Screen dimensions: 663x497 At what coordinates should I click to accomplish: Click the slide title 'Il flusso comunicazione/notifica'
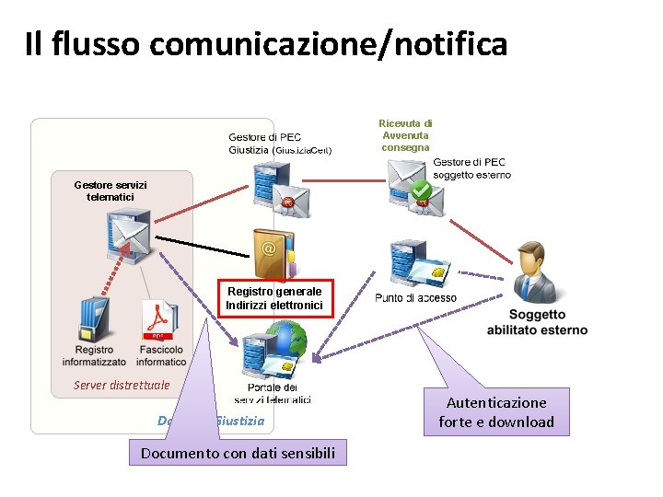point(266,43)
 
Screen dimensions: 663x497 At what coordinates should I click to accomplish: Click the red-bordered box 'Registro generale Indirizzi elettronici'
point(274,298)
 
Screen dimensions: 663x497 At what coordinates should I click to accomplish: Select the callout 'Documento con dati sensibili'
point(238,453)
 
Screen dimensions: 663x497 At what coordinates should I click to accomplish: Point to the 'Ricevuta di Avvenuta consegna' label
point(405,135)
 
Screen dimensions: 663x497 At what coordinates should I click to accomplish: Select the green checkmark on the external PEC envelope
point(421,191)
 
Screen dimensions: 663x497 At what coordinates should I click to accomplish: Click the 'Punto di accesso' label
point(415,298)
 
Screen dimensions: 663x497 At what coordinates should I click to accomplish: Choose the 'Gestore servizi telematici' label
point(110,191)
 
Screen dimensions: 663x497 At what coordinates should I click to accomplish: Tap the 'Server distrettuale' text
point(122,385)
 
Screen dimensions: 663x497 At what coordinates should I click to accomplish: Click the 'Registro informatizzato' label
point(95,355)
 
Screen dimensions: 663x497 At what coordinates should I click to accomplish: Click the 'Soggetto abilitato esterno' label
point(537,323)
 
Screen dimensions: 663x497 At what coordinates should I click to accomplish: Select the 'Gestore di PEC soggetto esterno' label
point(471,168)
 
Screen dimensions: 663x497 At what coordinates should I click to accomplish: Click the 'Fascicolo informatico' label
point(161,355)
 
